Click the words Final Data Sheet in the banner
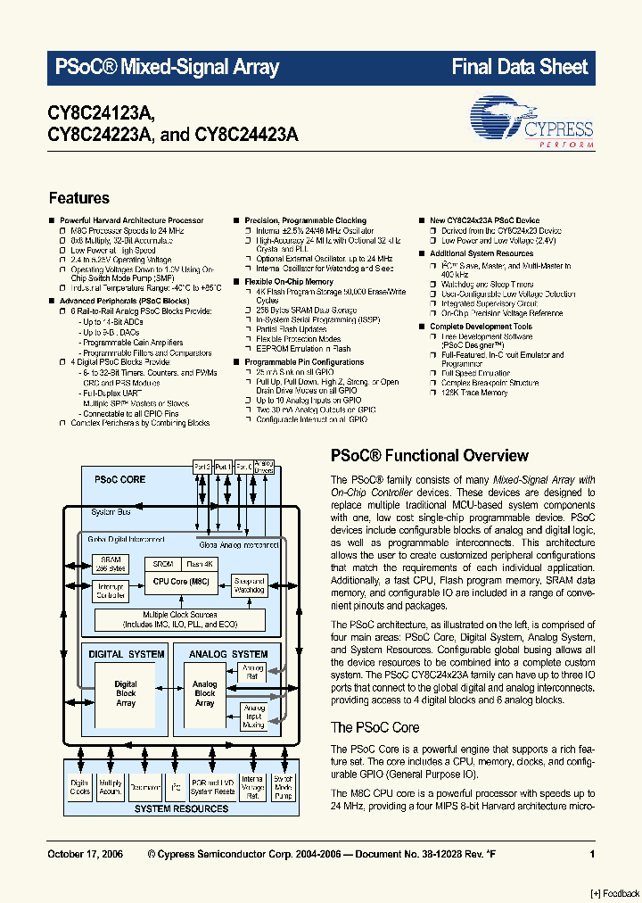click(520, 67)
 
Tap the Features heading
click(78, 198)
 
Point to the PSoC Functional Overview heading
click(430, 455)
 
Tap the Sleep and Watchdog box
click(249, 585)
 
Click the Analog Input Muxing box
click(253, 717)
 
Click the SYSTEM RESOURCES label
click(181, 808)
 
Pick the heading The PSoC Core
click(374, 727)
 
